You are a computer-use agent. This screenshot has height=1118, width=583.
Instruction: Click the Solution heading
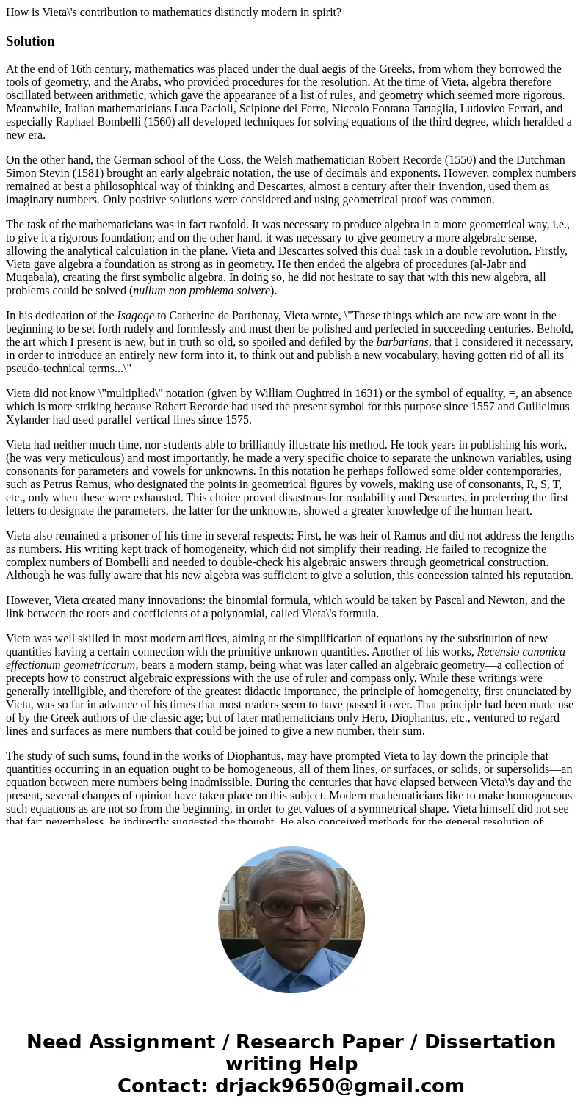pos(30,41)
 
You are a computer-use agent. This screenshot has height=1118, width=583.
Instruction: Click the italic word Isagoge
pos(136,316)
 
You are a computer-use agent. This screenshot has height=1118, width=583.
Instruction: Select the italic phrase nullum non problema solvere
pos(201,291)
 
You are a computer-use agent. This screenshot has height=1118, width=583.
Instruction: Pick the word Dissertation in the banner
pos(490,1042)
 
